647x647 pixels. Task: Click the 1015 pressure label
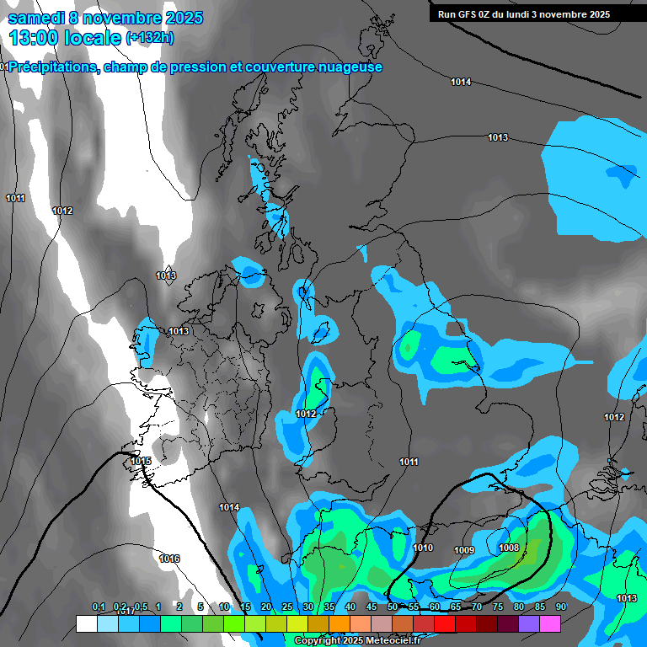[x=141, y=461]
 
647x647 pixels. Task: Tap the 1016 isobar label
[x=169, y=559]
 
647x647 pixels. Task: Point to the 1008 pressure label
[x=509, y=548]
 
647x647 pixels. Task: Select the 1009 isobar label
[x=464, y=550]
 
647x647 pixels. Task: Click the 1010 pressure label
[x=423, y=548]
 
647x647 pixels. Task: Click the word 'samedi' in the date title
[x=36, y=18]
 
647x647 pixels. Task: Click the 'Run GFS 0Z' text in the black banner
[x=468, y=14]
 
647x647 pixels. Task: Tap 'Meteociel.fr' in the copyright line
[x=393, y=641]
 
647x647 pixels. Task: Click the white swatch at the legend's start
[x=86, y=624]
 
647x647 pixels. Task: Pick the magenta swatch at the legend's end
[x=550, y=624]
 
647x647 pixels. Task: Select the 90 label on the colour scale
[x=560, y=607]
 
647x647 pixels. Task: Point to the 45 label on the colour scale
[x=372, y=607]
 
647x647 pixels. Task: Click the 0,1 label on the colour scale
[x=99, y=607]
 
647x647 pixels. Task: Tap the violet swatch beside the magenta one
[x=529, y=624]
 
